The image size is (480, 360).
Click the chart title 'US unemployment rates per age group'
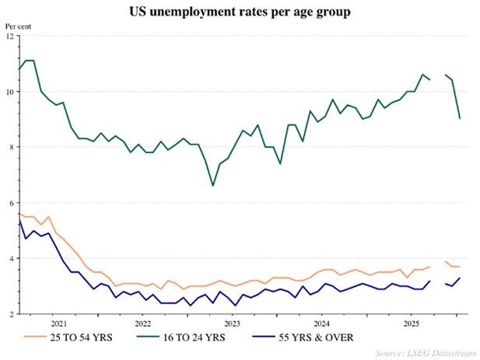(x=240, y=13)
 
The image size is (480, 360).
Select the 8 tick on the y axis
(x=9, y=147)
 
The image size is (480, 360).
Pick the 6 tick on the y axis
(x=9, y=203)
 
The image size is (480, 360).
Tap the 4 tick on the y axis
(x=9, y=258)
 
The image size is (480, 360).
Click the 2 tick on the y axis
(x=9, y=314)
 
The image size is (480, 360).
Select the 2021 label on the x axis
(x=58, y=322)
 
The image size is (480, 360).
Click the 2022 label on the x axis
(x=142, y=322)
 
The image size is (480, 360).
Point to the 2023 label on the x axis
(x=232, y=322)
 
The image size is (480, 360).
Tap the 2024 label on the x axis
(x=321, y=322)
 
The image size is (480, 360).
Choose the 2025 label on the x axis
(x=410, y=322)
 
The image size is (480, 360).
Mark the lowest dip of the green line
(x=212, y=186)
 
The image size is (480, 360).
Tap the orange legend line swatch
(x=34, y=337)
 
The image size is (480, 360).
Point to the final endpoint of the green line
(x=460, y=118)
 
